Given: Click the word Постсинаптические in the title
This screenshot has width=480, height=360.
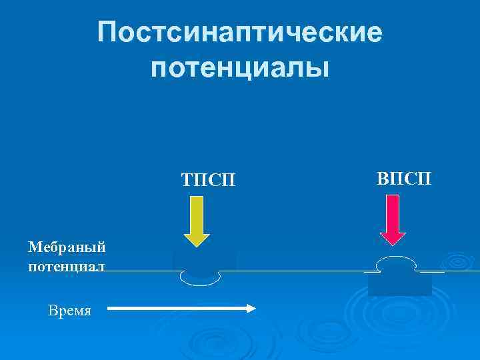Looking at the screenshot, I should [x=240, y=32].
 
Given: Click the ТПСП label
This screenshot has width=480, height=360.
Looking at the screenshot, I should [x=208, y=181].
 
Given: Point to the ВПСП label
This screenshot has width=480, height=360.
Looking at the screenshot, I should [x=404, y=178].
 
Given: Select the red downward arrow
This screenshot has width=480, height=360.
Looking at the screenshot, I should [x=393, y=220].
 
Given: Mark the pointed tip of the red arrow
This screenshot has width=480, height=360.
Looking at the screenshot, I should [x=393, y=246].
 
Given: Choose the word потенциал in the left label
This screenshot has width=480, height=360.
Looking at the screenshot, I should [x=67, y=266].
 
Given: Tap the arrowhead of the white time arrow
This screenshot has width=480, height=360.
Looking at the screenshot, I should [x=252, y=309].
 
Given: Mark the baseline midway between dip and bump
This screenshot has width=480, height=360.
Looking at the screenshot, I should [x=300, y=271].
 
